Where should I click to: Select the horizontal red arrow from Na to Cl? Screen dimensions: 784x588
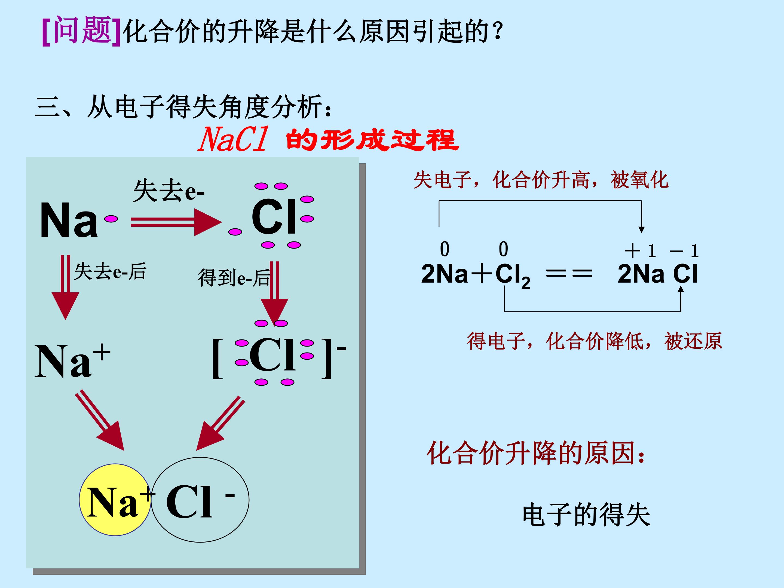pyautogui.click(x=176, y=222)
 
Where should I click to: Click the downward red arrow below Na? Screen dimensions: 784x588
pyautogui.click(x=66, y=287)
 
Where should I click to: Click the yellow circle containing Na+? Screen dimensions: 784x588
pyautogui.click(x=115, y=500)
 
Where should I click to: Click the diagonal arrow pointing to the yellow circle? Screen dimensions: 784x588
pyautogui.click(x=100, y=420)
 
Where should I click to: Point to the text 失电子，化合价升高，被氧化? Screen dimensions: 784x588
pyautogui.click(x=541, y=180)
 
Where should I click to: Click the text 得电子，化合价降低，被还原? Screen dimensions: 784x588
pyautogui.click(x=594, y=341)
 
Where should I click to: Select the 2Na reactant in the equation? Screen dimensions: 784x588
pyautogui.click(x=445, y=274)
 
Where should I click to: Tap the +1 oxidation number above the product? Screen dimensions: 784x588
pyautogui.click(x=640, y=251)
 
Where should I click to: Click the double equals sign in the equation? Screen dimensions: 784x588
pyautogui.click(x=569, y=274)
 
